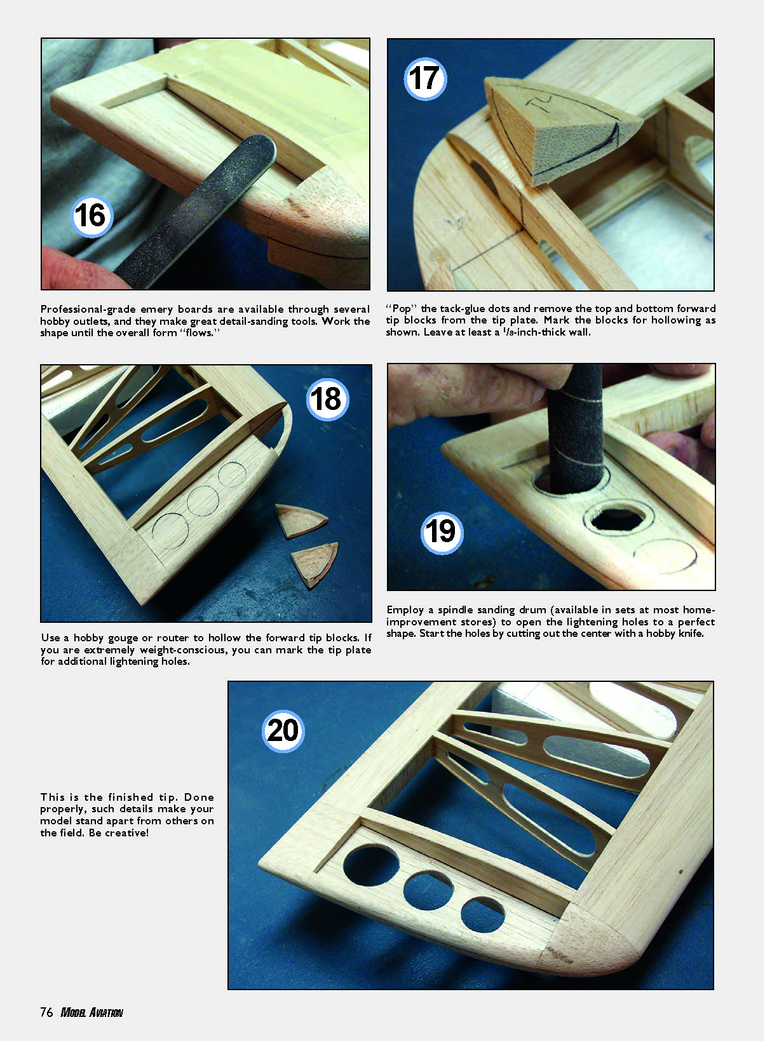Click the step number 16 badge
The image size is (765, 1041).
point(92,215)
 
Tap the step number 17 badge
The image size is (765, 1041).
point(425,79)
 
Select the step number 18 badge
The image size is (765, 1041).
point(327,399)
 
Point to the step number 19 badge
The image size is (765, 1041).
point(442,533)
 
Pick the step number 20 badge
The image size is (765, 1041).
point(283,731)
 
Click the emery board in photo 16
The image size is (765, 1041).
point(195,212)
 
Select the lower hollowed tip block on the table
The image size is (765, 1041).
point(315,563)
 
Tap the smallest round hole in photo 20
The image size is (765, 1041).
point(484,915)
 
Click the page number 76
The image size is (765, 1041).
point(46,1012)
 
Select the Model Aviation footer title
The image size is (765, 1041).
point(91,1012)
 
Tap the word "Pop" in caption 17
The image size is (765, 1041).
point(402,309)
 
